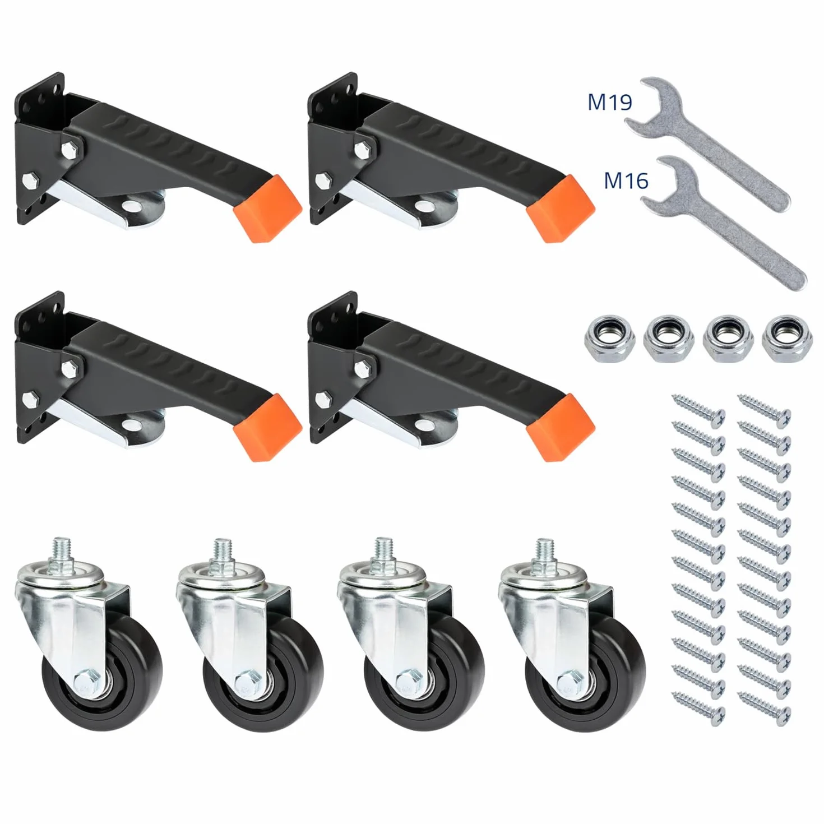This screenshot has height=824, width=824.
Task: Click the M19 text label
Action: pos(609,103)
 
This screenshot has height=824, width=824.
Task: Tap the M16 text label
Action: pos(626,180)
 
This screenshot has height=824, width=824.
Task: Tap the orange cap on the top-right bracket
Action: pos(561,209)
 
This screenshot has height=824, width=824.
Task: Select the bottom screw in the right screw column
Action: pos(765,706)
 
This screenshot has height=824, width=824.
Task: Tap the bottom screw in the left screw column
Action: pos(698,706)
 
